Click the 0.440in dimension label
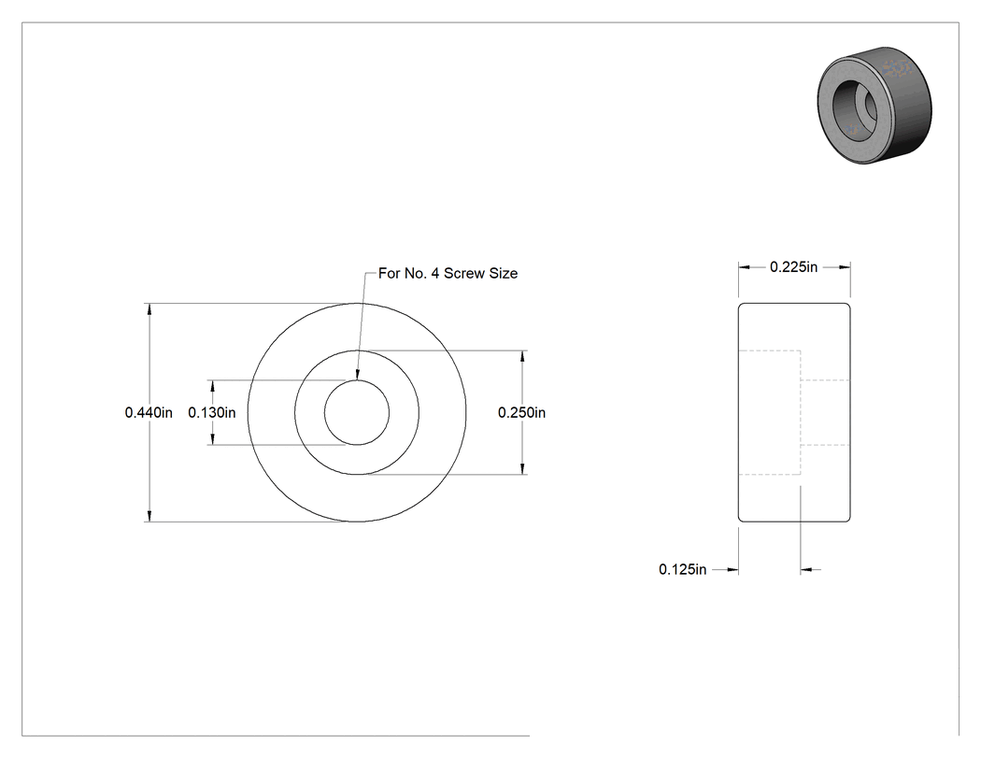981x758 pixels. [x=149, y=412]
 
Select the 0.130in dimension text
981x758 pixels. [x=212, y=412]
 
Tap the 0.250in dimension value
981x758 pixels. [x=521, y=412]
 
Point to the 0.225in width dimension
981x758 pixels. [x=794, y=267]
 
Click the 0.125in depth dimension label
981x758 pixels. [x=683, y=569]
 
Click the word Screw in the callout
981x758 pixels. [x=464, y=274]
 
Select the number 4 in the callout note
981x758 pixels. [x=434, y=274]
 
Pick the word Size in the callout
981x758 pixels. [x=504, y=274]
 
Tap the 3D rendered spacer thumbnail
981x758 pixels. [x=874, y=106]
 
